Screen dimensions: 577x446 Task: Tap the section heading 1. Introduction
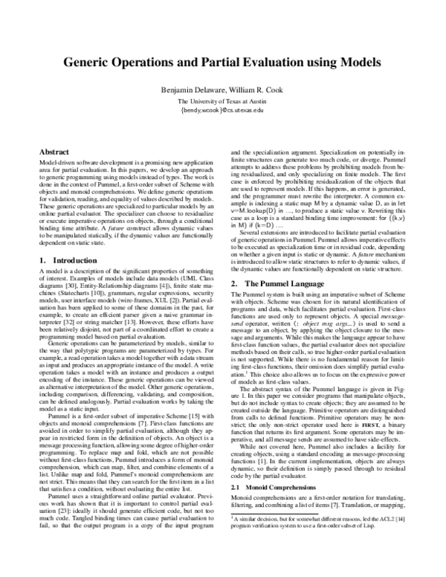(69, 260)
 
